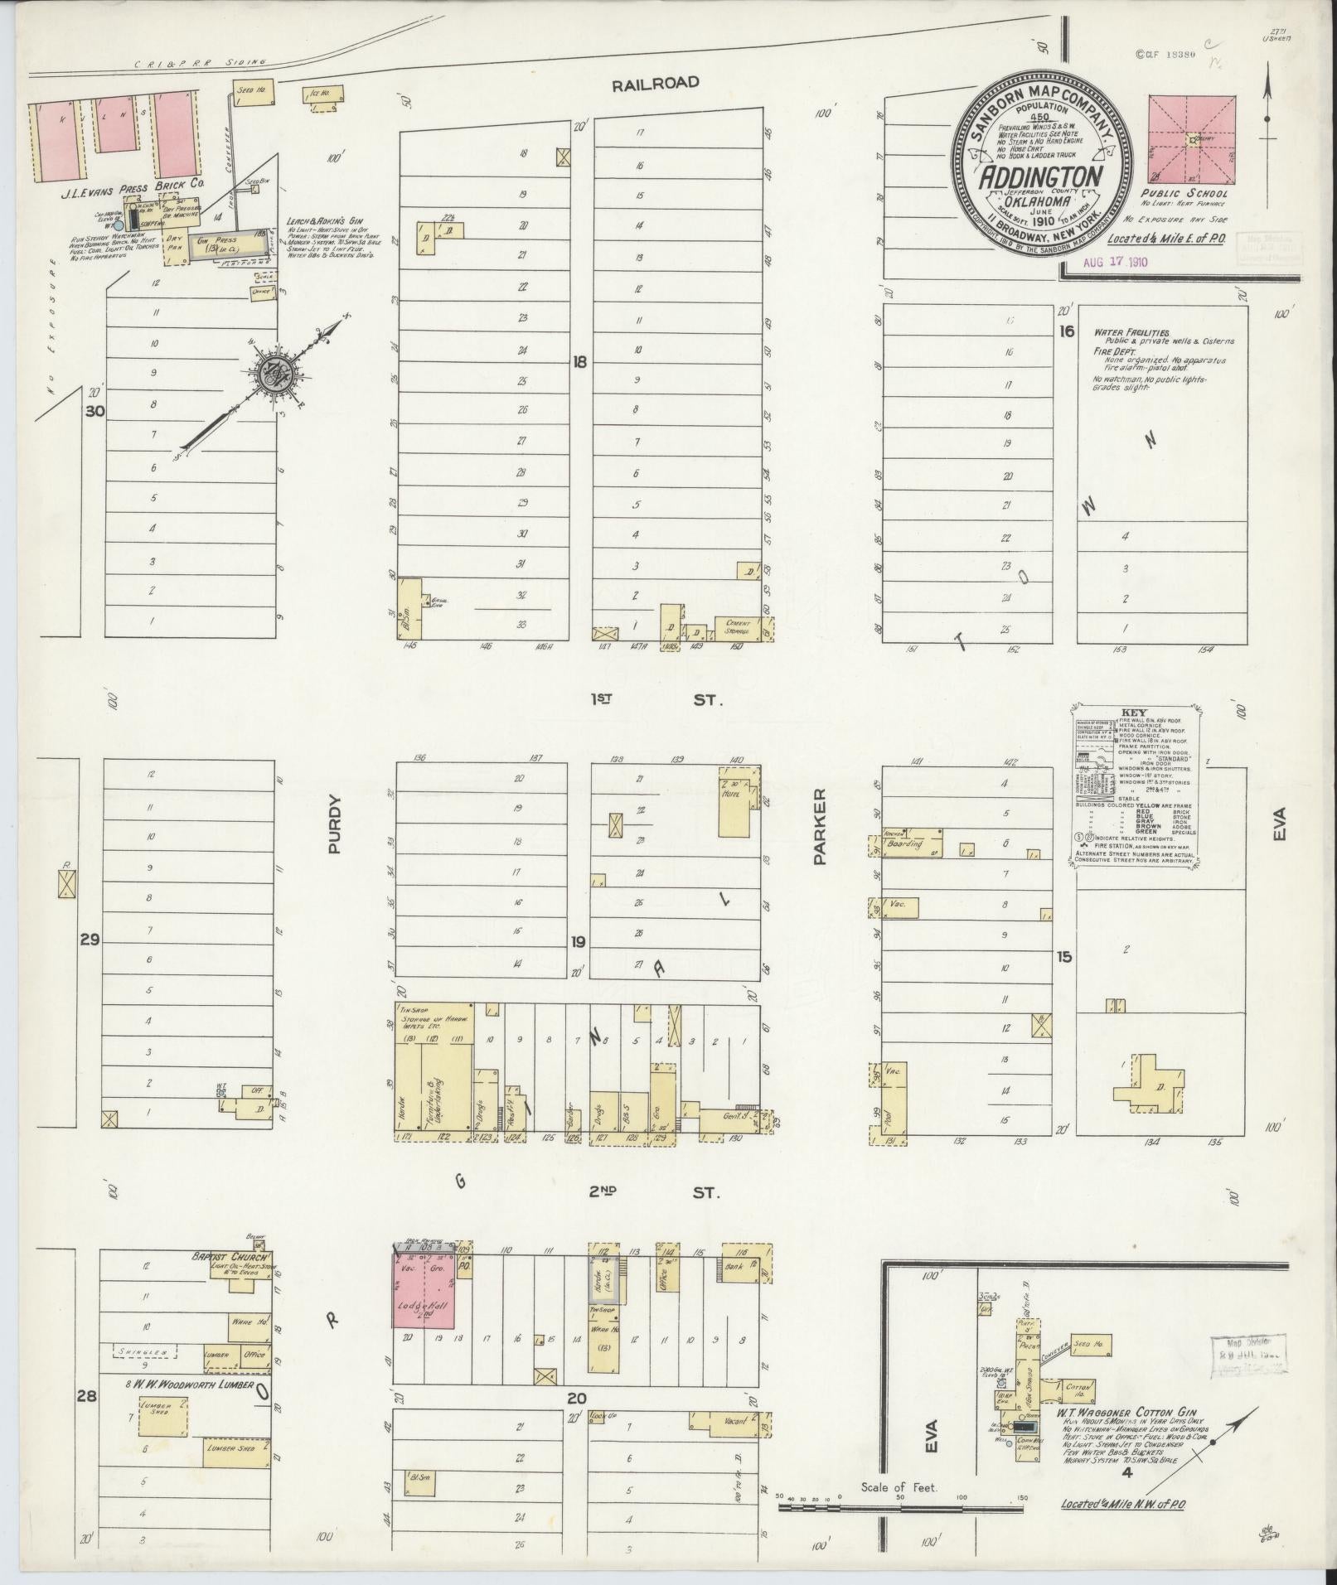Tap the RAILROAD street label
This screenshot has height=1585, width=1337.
pos(655,83)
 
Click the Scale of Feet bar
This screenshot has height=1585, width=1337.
pos(900,1508)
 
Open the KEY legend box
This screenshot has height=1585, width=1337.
pos(1133,787)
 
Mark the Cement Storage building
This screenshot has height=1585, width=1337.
pos(738,627)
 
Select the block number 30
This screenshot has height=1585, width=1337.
pos(96,410)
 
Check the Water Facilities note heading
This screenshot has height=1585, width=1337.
pos(1131,332)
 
